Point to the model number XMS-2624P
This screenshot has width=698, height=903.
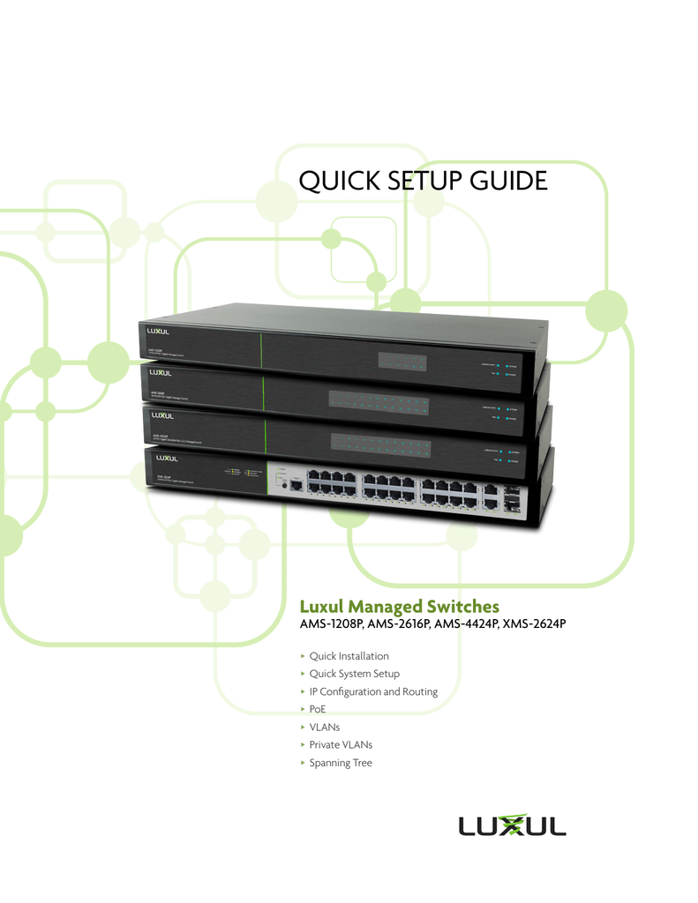533,624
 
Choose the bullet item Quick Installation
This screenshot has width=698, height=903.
349,656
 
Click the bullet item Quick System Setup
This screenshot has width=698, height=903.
354,674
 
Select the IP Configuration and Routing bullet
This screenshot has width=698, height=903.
373,691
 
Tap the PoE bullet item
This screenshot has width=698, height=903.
318,709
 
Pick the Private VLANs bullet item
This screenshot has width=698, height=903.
341,744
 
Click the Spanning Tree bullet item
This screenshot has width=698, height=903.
341,762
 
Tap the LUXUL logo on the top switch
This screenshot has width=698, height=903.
159,332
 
